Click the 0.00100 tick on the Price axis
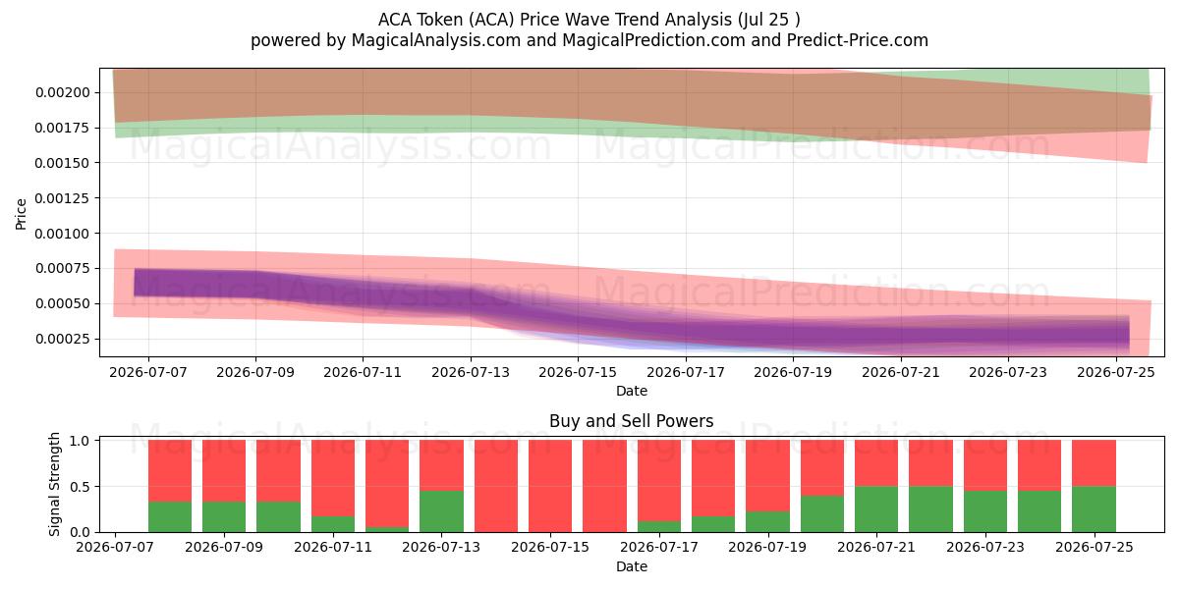click(63, 234)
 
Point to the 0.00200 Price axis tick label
click(63, 92)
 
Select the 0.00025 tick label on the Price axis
click(63, 340)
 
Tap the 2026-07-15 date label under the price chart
click(578, 372)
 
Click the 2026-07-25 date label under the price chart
click(1116, 372)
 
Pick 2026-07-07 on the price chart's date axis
click(148, 372)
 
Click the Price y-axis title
click(21, 214)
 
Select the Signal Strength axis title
click(54, 484)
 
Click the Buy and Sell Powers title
click(632, 421)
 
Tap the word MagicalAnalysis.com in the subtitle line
click(436, 40)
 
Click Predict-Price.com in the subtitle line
click(858, 40)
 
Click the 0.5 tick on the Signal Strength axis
click(80, 487)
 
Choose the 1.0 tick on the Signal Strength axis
click(80, 441)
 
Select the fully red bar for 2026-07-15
click(550, 486)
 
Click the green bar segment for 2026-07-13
click(441, 511)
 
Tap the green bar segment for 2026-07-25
click(1094, 509)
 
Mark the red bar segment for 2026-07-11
click(333, 478)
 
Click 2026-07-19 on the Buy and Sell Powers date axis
click(767, 547)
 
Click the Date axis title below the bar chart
click(632, 567)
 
